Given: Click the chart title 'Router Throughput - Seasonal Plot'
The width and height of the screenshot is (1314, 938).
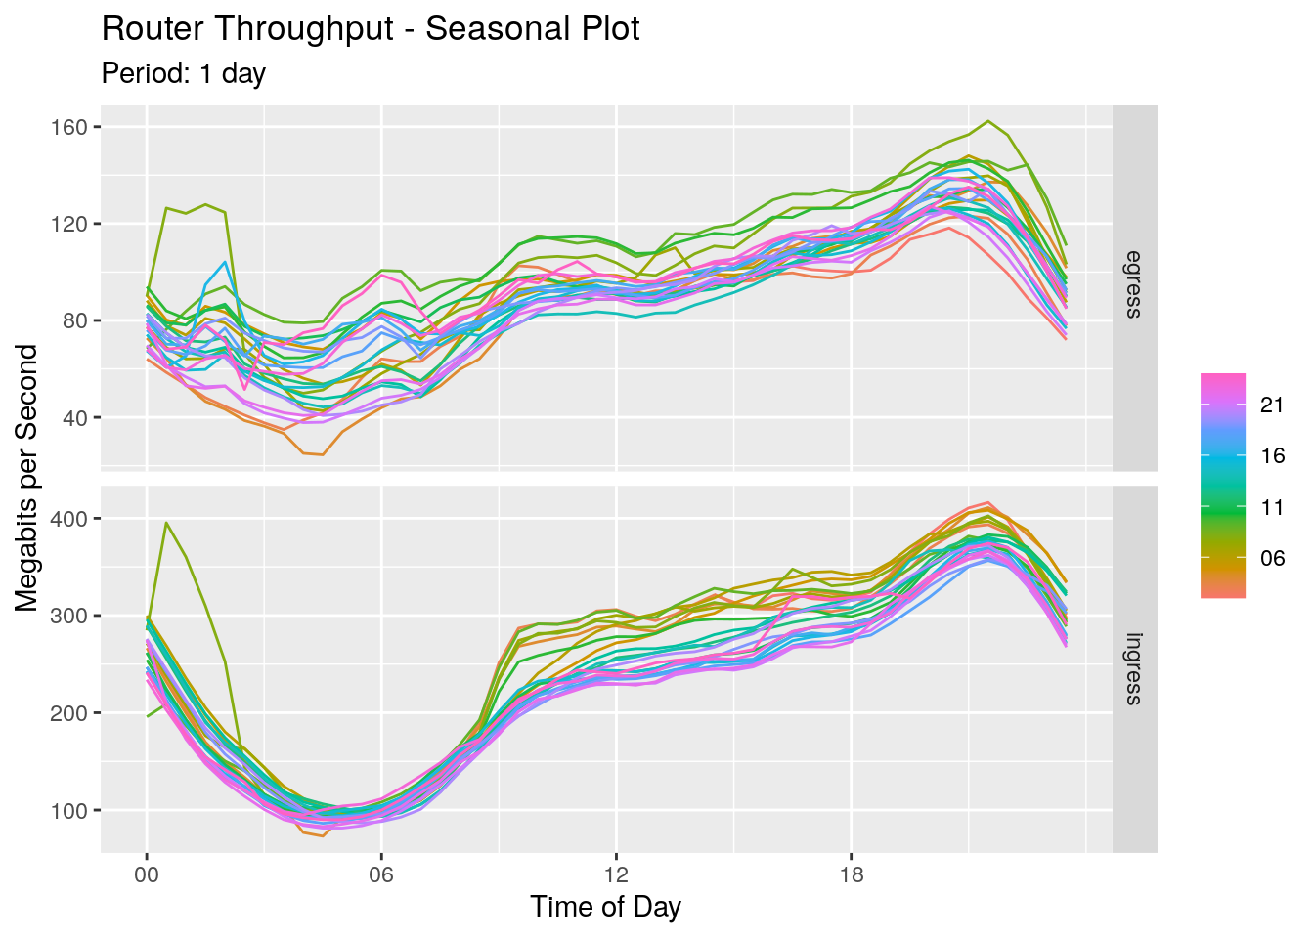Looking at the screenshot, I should point(371,29).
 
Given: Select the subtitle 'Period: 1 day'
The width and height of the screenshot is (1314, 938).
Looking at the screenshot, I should point(184,73).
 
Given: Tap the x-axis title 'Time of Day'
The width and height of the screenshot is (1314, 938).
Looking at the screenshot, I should point(605,907).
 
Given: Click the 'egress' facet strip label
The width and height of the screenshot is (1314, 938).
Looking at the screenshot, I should point(1134,284).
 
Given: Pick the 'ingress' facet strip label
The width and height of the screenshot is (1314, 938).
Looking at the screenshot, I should point(1134,669).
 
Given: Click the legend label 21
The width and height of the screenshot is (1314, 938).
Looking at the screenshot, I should point(1272,405).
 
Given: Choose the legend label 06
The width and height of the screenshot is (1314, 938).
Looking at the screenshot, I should point(1272,558).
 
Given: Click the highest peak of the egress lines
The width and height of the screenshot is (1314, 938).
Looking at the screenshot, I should point(988,121).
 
